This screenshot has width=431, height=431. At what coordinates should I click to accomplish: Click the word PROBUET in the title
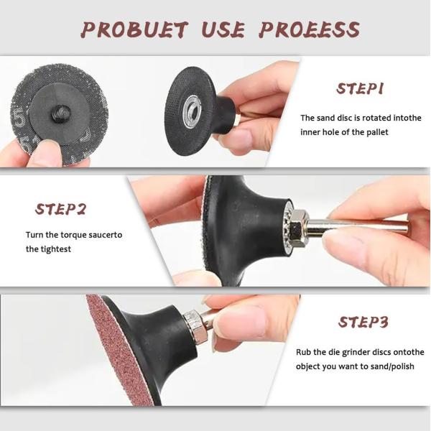click(x=135, y=29)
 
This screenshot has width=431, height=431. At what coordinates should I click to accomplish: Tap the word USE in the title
click(x=223, y=29)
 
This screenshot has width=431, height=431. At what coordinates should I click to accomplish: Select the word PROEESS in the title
click(x=309, y=29)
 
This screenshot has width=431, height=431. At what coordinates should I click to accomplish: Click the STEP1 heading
click(x=360, y=89)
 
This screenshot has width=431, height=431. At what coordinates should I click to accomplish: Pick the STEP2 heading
click(x=61, y=209)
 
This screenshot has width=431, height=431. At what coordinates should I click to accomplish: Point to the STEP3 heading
click(x=363, y=322)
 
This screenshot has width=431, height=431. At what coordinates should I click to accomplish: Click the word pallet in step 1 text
click(x=378, y=132)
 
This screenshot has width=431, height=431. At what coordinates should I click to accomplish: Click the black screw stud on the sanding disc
click(x=60, y=113)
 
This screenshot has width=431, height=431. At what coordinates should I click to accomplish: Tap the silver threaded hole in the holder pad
click(x=193, y=111)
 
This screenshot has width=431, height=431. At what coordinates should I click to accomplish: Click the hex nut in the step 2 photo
click(x=298, y=228)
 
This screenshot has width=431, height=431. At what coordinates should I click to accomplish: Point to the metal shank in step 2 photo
click(x=357, y=226)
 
